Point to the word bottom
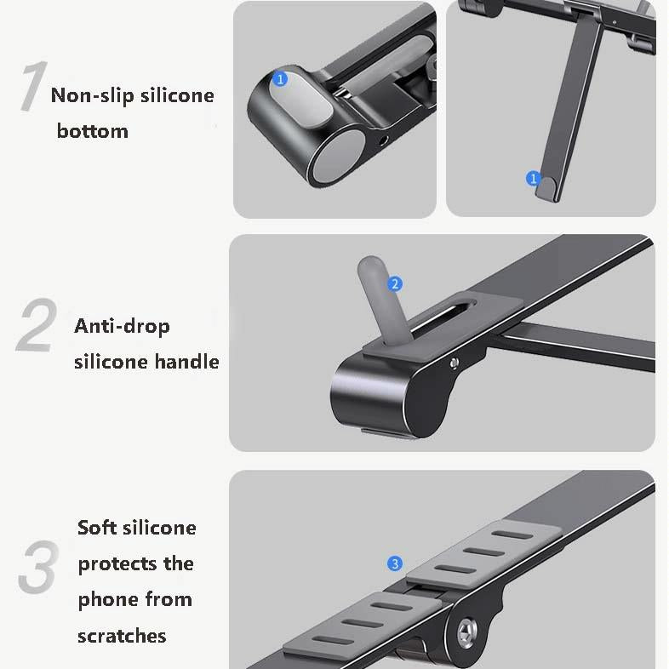click(92, 131)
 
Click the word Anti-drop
click(122, 326)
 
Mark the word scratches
click(122, 636)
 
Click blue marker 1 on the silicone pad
click(281, 79)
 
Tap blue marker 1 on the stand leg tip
click(534, 179)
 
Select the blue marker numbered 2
click(394, 284)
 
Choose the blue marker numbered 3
click(394, 563)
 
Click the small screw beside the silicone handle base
click(455, 363)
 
